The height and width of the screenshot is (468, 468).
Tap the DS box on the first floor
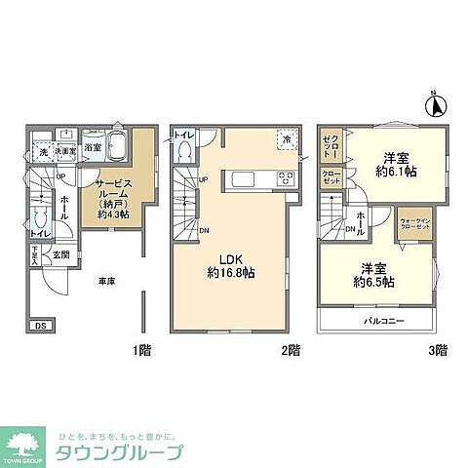pos(39,325)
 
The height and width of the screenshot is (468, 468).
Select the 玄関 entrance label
pos(59,253)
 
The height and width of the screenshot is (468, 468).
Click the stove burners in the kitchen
pos(286,179)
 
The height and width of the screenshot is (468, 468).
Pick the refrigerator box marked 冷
pos(288,140)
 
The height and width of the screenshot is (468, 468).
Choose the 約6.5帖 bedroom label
pos(374,275)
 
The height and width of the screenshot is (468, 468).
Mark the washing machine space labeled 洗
pos(43,153)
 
